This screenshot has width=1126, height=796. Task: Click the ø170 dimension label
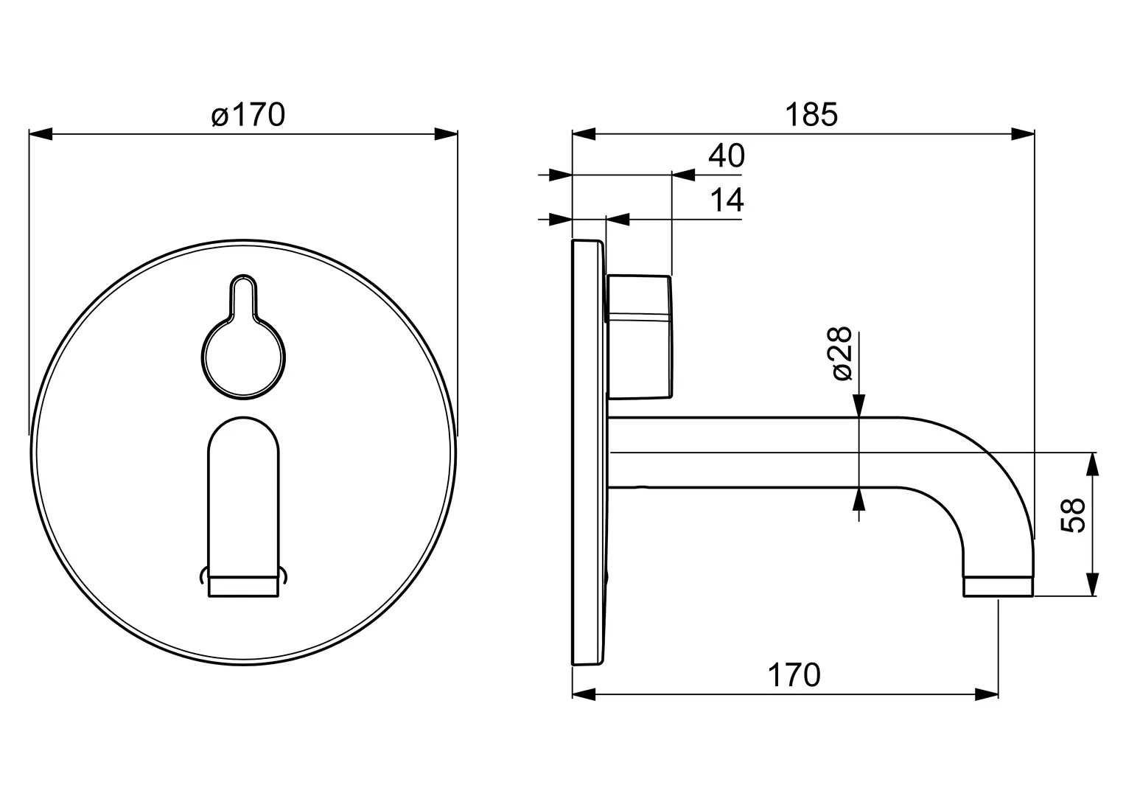click(x=248, y=115)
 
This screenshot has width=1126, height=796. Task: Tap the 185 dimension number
click(x=811, y=115)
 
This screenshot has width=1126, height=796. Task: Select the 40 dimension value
click(x=727, y=156)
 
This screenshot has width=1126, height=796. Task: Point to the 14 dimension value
click(x=727, y=200)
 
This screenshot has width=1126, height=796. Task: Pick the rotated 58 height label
click(x=1072, y=515)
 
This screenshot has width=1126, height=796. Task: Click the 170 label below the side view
click(x=794, y=675)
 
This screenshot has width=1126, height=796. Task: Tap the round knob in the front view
click(x=243, y=357)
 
